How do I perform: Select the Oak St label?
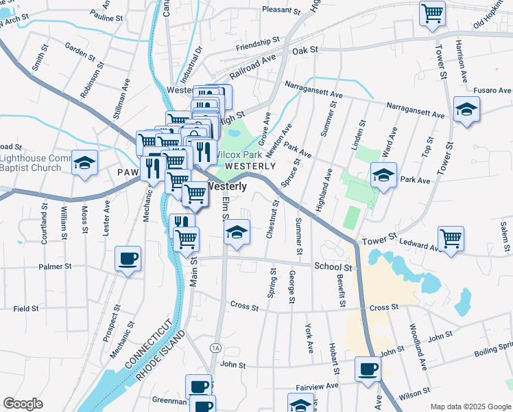pos(305,50)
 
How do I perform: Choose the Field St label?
pos(26,309)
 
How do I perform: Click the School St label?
pos(333,266)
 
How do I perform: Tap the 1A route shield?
pos(215,347)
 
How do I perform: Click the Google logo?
pos(23,404)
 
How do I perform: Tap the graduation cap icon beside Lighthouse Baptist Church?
pos(85,163)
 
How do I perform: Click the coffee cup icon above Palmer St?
pos(128,259)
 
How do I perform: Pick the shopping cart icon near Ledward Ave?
pos(451,239)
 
